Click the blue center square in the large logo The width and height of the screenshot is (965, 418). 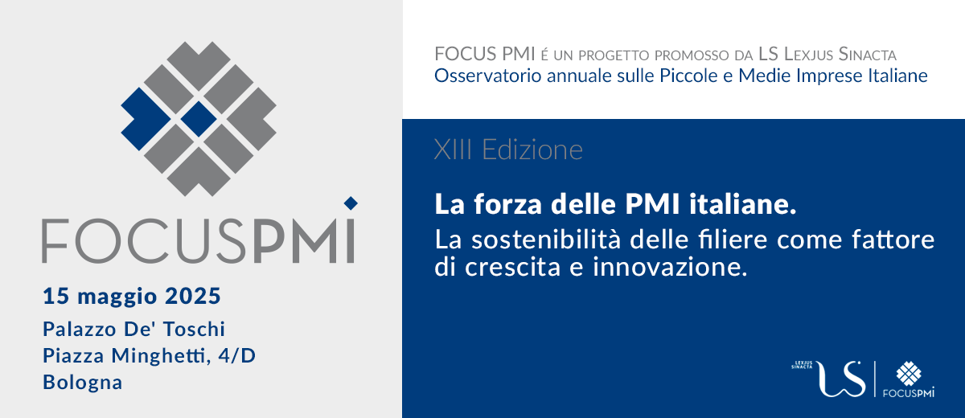coord(199,119)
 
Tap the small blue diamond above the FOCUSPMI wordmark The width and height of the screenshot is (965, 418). coord(351,203)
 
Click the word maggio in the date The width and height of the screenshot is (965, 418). coord(117,298)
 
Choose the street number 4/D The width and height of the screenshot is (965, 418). coord(237,356)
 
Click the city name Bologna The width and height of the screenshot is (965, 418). coord(83,383)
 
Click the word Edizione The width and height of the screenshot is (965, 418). coord(532,150)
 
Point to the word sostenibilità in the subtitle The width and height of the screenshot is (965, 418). coord(546,240)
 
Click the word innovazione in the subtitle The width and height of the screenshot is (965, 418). coord(670,267)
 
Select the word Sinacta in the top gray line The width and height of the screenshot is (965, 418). coord(867,54)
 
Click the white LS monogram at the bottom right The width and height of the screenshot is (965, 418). coord(840,379)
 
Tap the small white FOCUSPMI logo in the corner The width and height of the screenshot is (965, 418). coord(909,379)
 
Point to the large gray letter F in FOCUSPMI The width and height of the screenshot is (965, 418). coord(55,240)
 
